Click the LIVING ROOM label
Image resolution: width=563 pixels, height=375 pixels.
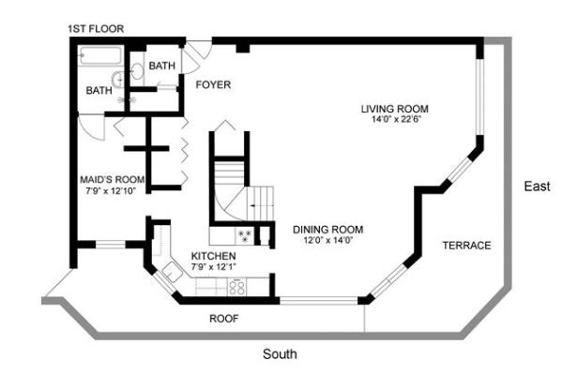[x=395, y=108]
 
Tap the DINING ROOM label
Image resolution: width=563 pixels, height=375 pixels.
[x=327, y=230]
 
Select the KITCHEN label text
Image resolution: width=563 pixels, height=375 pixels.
[x=214, y=256]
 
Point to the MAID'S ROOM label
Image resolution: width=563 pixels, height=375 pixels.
[x=112, y=179]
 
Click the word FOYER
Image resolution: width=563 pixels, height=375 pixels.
[x=213, y=85]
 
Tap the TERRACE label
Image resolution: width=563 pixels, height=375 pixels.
[x=466, y=246]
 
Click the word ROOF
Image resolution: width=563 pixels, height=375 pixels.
[x=223, y=319]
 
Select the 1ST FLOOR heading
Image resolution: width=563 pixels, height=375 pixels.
[x=95, y=29]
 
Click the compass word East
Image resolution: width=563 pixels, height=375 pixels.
[x=537, y=187]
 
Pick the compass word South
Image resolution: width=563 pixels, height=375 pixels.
[x=280, y=354]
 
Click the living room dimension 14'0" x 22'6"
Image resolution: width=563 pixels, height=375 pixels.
[x=395, y=119]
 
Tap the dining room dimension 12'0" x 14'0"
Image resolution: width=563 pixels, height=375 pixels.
[x=327, y=241]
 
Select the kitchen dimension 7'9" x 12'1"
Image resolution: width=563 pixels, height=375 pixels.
[x=214, y=267]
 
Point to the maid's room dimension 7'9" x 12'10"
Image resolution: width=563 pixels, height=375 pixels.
[x=111, y=191]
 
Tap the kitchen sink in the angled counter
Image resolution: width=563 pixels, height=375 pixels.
[x=172, y=273]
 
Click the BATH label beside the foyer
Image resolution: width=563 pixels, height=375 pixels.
[x=161, y=66]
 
